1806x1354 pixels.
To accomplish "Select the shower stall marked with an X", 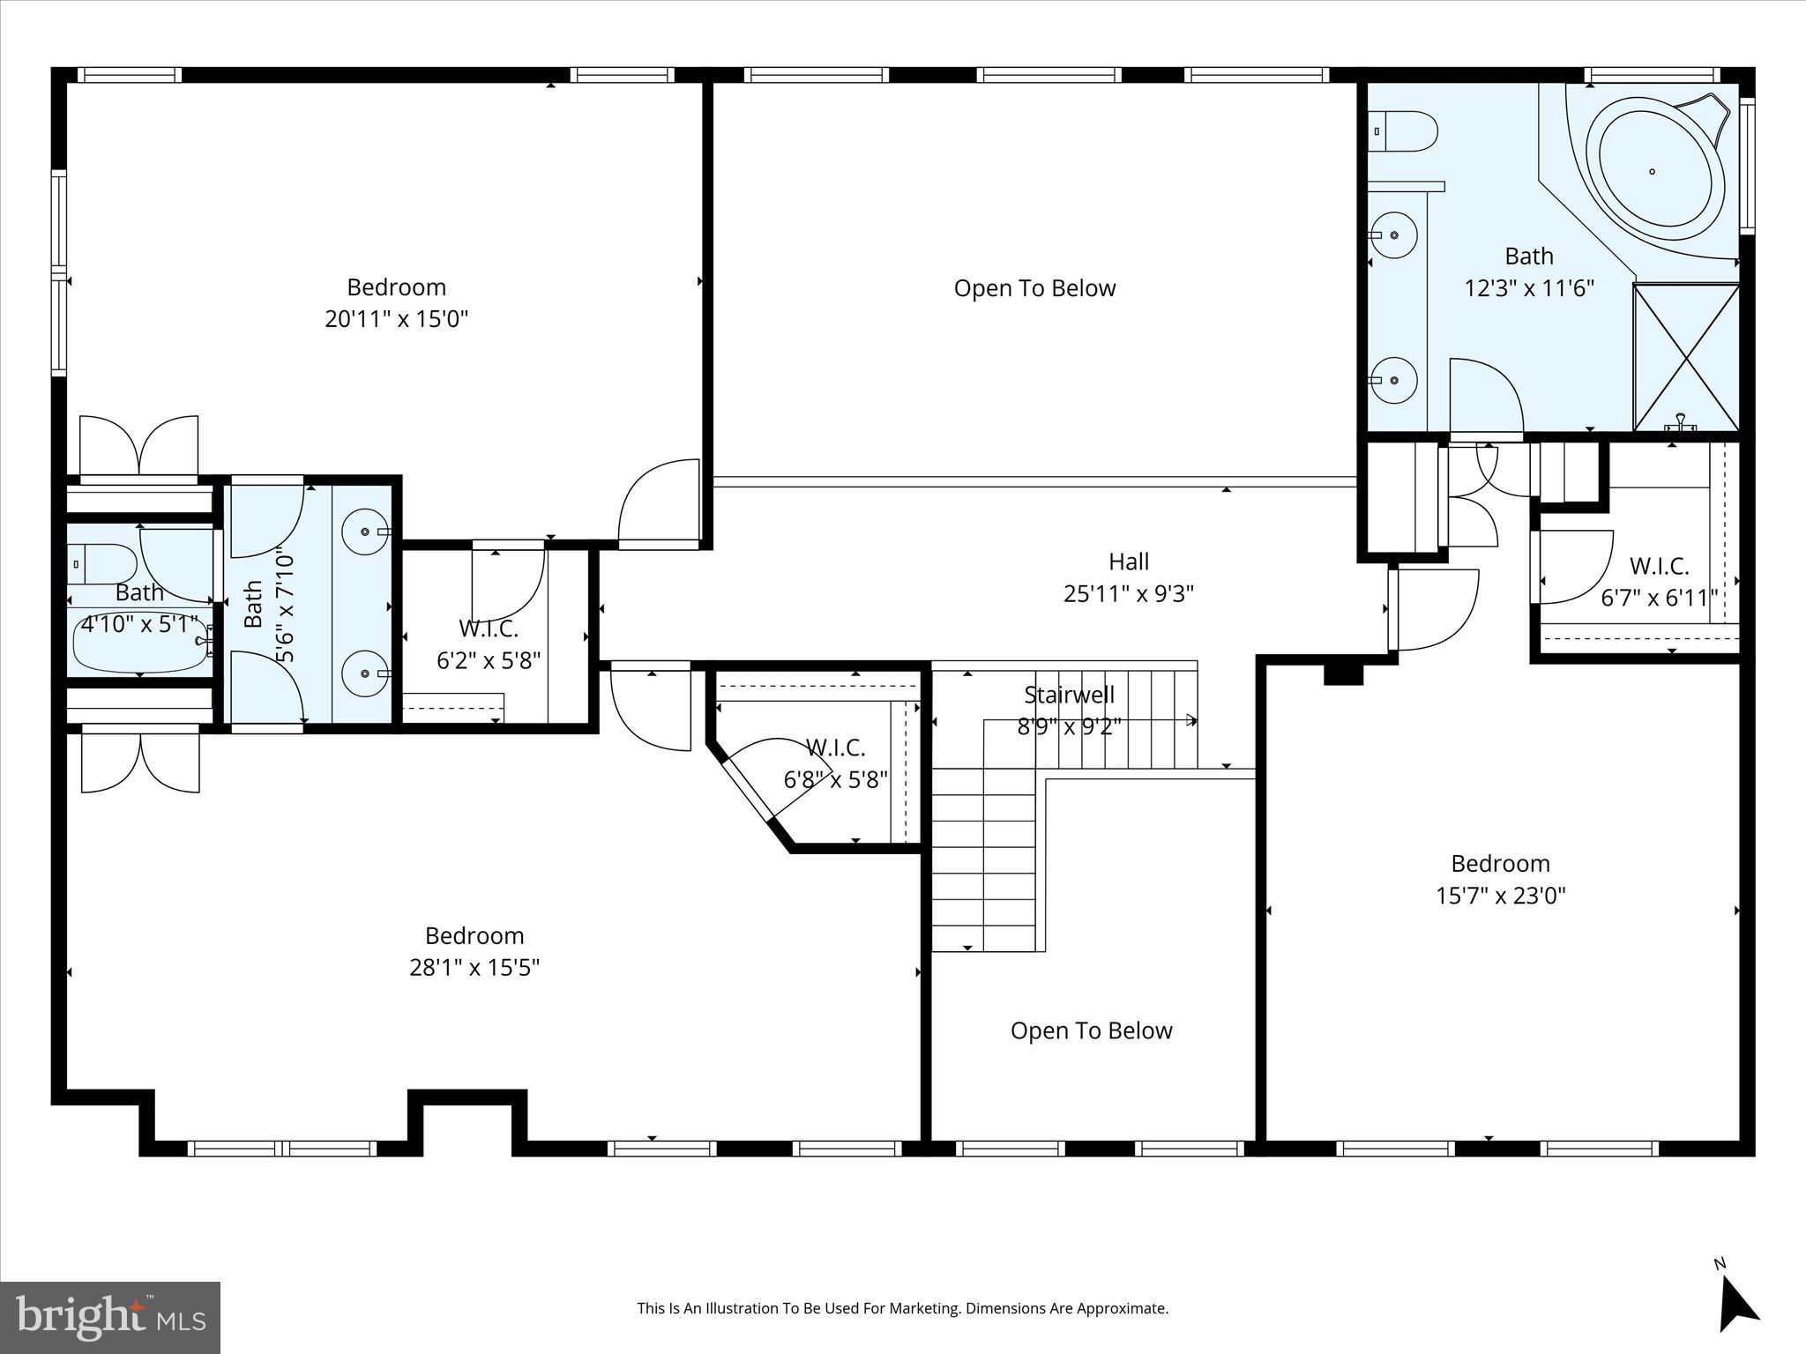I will pyautogui.click(x=1686, y=357).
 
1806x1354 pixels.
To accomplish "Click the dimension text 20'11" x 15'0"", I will pyautogui.click(x=396, y=319).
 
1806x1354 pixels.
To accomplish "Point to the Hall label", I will pyautogui.click(x=1129, y=562).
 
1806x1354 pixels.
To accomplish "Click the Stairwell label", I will pyautogui.click(x=1069, y=695).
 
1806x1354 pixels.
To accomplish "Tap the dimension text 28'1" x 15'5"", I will pyautogui.click(x=474, y=968).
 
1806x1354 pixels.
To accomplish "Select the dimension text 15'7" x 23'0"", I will pyautogui.click(x=1500, y=896).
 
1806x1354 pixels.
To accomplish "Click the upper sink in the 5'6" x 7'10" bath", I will pyautogui.click(x=365, y=532).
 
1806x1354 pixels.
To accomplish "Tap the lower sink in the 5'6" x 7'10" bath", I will pyautogui.click(x=365, y=673).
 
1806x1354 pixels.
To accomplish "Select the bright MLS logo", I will pyautogui.click(x=110, y=1317).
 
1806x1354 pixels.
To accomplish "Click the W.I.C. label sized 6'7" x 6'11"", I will pyautogui.click(x=1659, y=566).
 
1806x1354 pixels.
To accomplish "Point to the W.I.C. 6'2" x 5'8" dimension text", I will pyautogui.click(x=489, y=660).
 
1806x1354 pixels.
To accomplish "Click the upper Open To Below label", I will pyautogui.click(x=1034, y=288).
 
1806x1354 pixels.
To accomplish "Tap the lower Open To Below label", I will pyautogui.click(x=1091, y=1030).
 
